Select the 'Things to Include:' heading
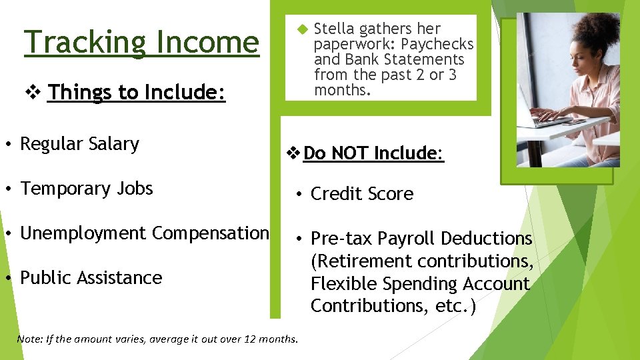(137, 92)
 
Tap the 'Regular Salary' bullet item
(79, 144)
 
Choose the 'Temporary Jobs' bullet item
(87, 189)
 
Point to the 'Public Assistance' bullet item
(91, 277)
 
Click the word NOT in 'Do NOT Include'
(350, 153)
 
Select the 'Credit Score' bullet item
(362, 194)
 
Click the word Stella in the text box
(334, 29)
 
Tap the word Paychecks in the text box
(437, 44)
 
